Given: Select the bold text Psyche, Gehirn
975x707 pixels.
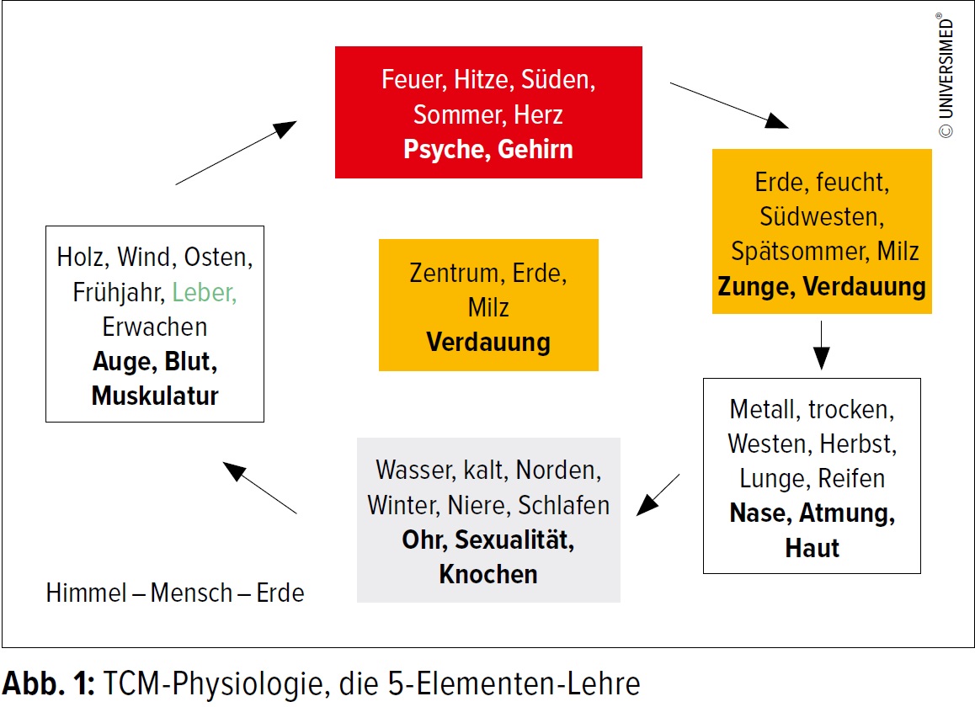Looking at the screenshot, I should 487,149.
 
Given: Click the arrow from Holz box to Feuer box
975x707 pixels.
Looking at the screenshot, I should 237,152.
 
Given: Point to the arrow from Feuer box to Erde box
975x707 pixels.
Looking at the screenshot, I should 729,105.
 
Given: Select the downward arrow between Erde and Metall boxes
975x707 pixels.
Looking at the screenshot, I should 822,345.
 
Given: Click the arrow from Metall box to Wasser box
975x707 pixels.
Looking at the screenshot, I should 658,494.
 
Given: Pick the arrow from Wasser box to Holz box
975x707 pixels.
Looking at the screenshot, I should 259,487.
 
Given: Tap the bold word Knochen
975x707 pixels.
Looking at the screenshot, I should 488,574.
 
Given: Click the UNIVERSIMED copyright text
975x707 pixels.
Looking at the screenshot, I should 946,77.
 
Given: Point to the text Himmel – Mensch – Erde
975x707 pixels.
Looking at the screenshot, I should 175,593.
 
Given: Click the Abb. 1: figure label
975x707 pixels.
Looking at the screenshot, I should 48,682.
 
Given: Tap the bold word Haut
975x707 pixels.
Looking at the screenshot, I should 812,548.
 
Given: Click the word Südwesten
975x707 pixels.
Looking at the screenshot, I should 822,216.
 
